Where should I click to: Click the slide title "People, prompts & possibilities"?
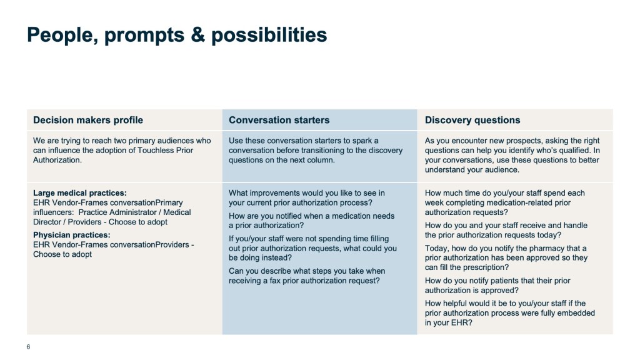[x=177, y=35]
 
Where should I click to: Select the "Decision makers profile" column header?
[x=88, y=120]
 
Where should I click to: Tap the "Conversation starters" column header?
[x=279, y=120]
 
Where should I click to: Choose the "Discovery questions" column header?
[x=472, y=120]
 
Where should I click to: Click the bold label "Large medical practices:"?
[x=80, y=193]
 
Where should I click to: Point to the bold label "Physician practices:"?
[x=72, y=235]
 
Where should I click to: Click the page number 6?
[x=28, y=347]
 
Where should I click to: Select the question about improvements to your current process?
[x=306, y=198]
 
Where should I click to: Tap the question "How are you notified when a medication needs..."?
[x=311, y=221]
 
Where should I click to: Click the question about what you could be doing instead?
[x=312, y=248]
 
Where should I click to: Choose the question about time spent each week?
[x=505, y=202]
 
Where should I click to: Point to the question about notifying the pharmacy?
[x=506, y=258]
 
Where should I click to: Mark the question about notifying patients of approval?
[x=497, y=285]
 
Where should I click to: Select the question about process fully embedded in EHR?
[x=510, y=313]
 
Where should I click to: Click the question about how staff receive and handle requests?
[x=506, y=230]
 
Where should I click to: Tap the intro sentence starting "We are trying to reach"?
[x=122, y=150]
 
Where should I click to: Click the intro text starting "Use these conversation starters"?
[x=316, y=150]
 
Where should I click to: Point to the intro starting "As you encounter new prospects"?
[x=512, y=155]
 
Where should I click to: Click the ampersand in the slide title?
[x=197, y=35]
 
